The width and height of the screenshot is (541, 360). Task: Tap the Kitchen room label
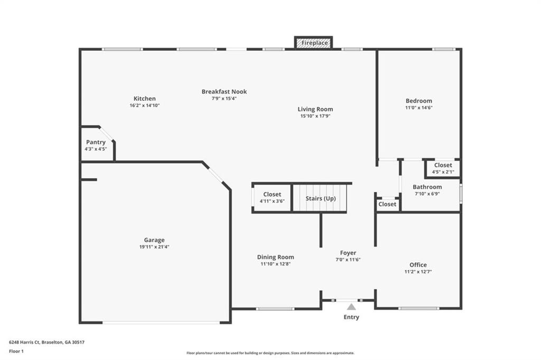pyautogui.click(x=145, y=99)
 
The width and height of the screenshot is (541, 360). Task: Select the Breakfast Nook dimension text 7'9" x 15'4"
pyautogui.click(x=224, y=98)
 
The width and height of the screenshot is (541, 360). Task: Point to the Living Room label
pyautogui.click(x=315, y=109)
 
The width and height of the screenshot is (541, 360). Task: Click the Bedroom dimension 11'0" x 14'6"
pyautogui.click(x=419, y=108)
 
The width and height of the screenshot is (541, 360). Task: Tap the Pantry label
pyautogui.click(x=96, y=142)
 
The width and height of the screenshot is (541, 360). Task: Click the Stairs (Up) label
pyautogui.click(x=321, y=198)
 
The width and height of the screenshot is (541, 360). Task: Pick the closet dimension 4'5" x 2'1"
pyautogui.click(x=443, y=172)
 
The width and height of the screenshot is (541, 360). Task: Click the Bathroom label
pyautogui.click(x=427, y=187)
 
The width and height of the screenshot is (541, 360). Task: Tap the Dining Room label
pyautogui.click(x=276, y=257)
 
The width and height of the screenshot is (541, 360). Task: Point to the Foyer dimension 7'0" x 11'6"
pyautogui.click(x=348, y=260)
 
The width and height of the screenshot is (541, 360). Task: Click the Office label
pyautogui.click(x=418, y=265)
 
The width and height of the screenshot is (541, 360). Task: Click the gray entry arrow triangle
pyautogui.click(x=351, y=307)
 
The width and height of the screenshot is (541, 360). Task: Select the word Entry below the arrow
pyautogui.click(x=351, y=317)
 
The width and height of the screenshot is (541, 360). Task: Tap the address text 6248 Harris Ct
pyautogui.click(x=24, y=343)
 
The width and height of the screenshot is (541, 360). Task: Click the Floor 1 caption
pyautogui.click(x=16, y=352)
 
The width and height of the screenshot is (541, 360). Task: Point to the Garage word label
pyautogui.click(x=154, y=240)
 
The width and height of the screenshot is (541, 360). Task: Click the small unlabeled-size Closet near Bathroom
pyautogui.click(x=387, y=205)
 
